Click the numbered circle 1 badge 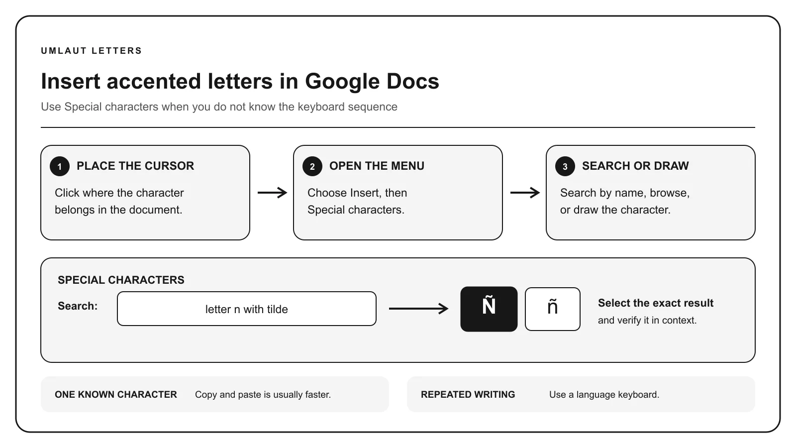coord(59,166)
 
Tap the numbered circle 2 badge coord(312,166)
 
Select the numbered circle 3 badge coord(565,166)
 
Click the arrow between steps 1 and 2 coord(272,193)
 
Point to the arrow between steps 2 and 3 coord(525,193)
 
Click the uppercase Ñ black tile coord(489,309)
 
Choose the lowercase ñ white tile coord(553,309)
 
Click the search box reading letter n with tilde coord(247,309)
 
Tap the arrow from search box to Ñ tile coord(418,309)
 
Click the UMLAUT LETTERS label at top coord(92,51)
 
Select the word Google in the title coord(342,82)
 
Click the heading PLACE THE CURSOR coord(135,166)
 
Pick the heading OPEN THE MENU coord(377,166)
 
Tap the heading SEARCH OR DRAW coord(635,166)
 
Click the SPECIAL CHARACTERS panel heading coord(121,280)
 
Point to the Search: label coord(78,306)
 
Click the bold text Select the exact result coord(656,303)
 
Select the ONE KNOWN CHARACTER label coord(116,395)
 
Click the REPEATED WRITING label coord(468,395)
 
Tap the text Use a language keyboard coord(604,395)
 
